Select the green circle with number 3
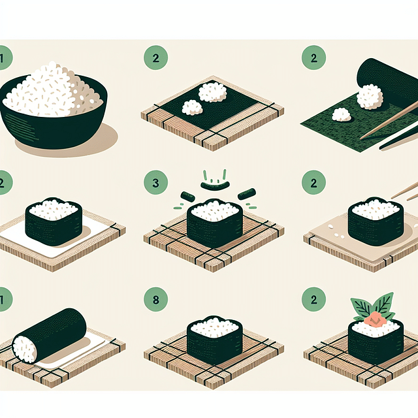coord(155,183)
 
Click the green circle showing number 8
coord(155,302)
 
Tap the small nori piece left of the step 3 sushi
coord(187,195)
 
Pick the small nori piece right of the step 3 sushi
coord(246,194)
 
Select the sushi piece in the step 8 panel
coord(214,340)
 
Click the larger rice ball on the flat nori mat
coord(212,92)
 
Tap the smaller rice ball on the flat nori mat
coord(192,108)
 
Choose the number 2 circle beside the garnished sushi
coord(313,302)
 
